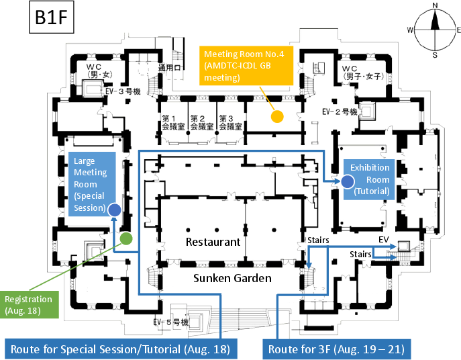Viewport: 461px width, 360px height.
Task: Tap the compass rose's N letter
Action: (435, 5)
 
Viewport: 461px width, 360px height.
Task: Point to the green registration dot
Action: (125, 238)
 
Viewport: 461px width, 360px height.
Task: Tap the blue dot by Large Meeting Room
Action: (114, 210)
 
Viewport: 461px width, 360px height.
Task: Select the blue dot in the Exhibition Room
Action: (347, 181)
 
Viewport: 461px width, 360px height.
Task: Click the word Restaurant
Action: (213, 242)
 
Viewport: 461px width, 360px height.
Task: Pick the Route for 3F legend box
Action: (335, 349)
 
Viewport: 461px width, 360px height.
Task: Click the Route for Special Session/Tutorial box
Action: (121, 349)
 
